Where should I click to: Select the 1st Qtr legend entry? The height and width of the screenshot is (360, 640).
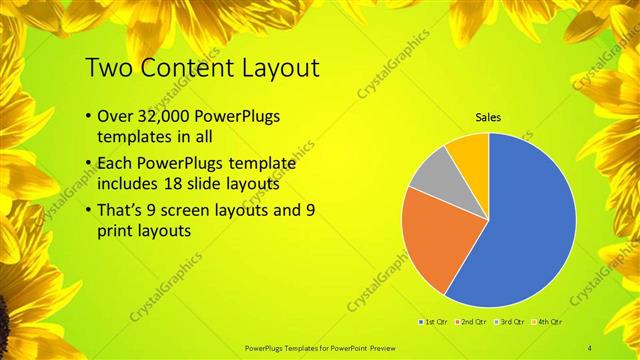click(434, 322)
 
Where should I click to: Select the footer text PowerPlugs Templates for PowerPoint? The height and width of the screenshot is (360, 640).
click(320, 347)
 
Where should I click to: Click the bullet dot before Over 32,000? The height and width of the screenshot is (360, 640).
click(89, 117)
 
